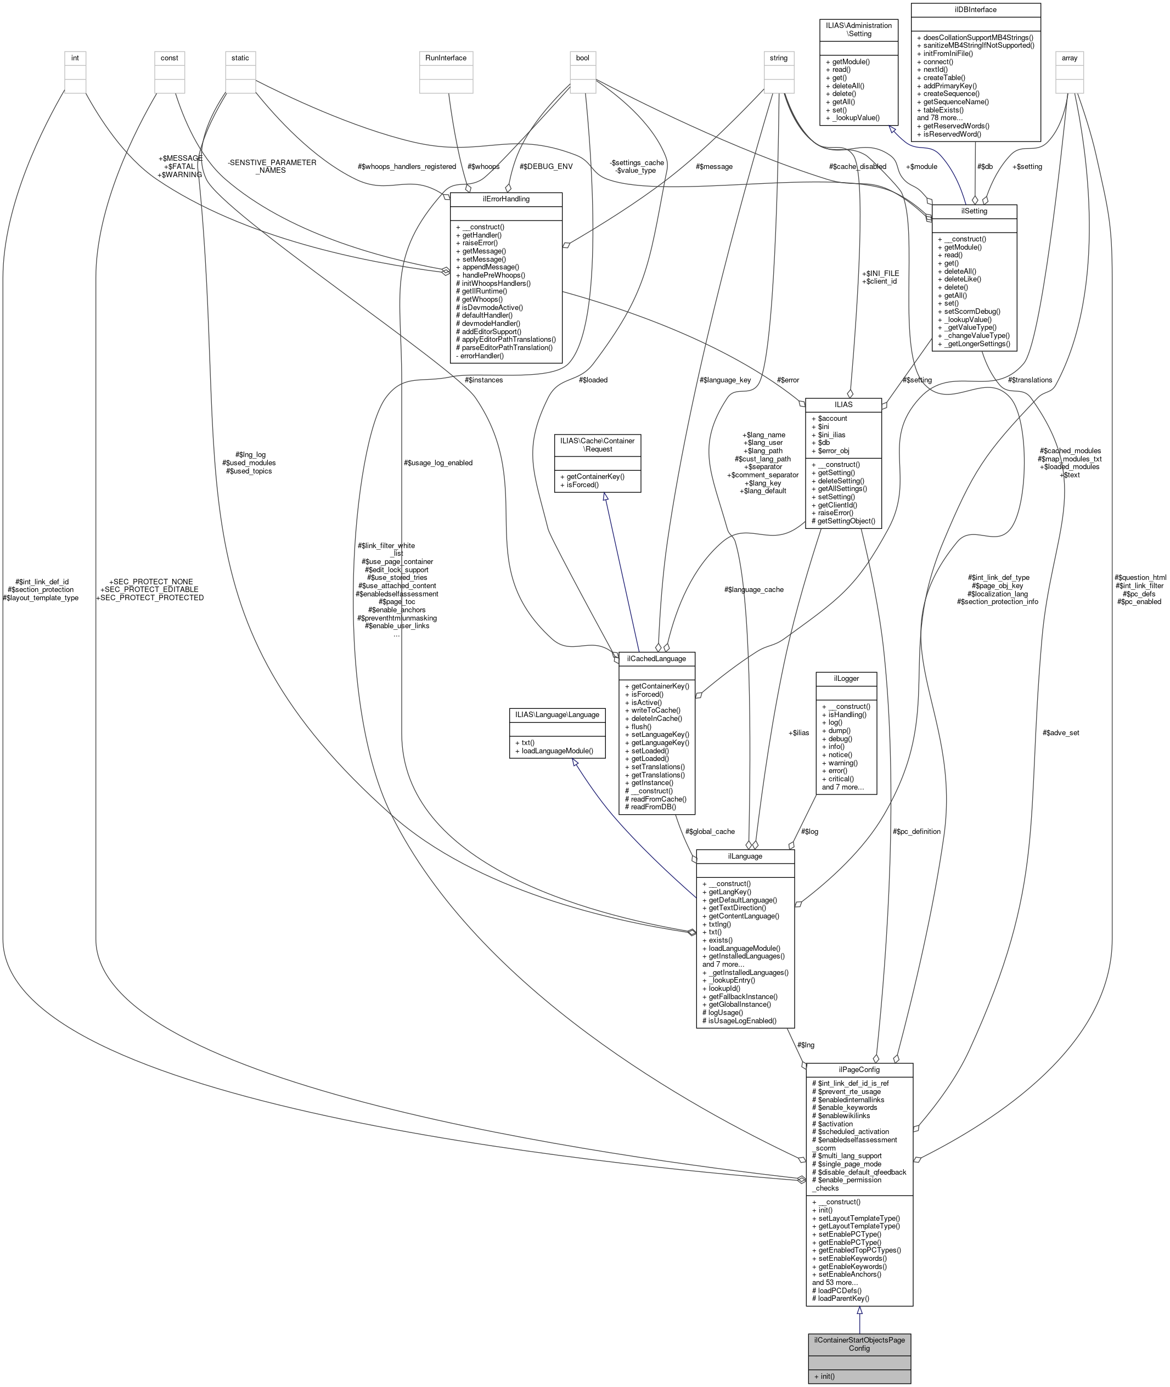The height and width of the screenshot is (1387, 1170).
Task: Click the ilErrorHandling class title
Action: coord(505,199)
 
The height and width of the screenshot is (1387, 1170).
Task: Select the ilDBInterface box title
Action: coord(975,10)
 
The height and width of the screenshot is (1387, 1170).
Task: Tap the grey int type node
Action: coord(75,58)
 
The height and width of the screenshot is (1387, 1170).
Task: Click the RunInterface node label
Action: coord(446,58)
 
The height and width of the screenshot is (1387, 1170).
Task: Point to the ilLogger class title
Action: coord(846,678)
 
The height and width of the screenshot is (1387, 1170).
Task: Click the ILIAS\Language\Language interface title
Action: coord(556,715)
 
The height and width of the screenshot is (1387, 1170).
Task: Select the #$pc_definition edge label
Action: coord(916,831)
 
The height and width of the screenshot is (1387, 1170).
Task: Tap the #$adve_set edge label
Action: coord(1061,732)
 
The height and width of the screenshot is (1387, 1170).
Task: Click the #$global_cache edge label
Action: coord(710,831)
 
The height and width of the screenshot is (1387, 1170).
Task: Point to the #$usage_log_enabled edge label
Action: coord(438,463)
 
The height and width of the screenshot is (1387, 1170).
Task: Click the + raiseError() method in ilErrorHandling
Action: coord(476,243)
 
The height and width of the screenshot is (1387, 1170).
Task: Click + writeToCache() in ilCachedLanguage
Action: coord(652,710)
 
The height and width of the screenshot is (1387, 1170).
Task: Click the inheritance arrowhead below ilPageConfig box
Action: coord(859,1311)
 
